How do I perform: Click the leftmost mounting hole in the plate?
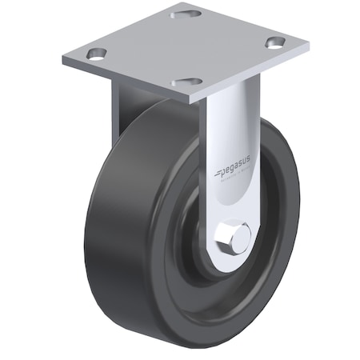point(97,54)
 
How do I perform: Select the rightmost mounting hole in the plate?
point(276,43)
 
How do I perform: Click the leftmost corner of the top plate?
point(62,61)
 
